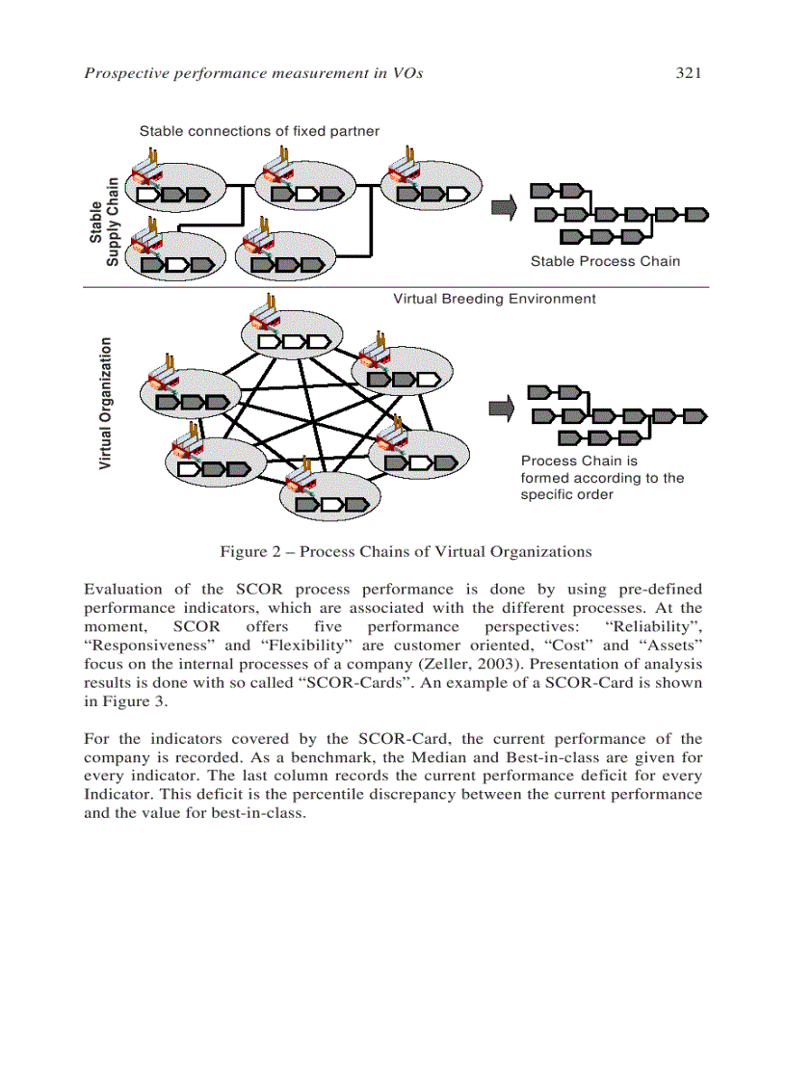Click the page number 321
[x=686, y=72]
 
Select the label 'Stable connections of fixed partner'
[x=259, y=131]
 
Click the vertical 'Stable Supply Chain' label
[x=104, y=223]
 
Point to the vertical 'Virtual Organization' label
[x=106, y=403]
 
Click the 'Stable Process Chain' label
[x=605, y=261]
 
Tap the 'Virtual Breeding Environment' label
[x=494, y=299]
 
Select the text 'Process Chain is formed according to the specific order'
[x=602, y=478]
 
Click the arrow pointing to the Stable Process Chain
[x=503, y=207]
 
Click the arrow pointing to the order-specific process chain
[x=502, y=409]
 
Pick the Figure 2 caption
[x=406, y=552]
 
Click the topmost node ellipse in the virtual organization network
[x=289, y=332]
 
